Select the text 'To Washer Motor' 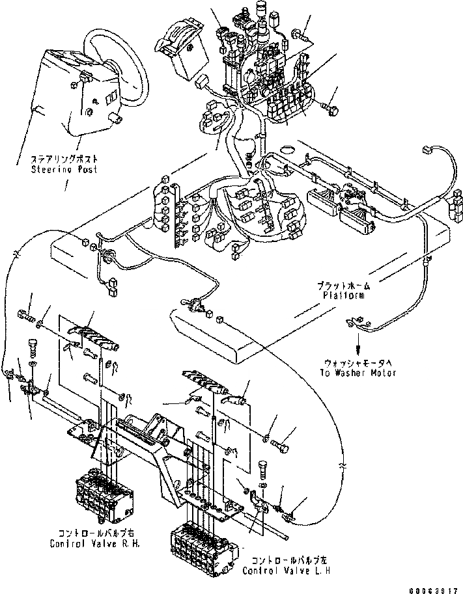click(x=358, y=373)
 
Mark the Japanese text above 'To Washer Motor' click(x=358, y=363)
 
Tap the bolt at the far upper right click(x=333, y=110)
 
